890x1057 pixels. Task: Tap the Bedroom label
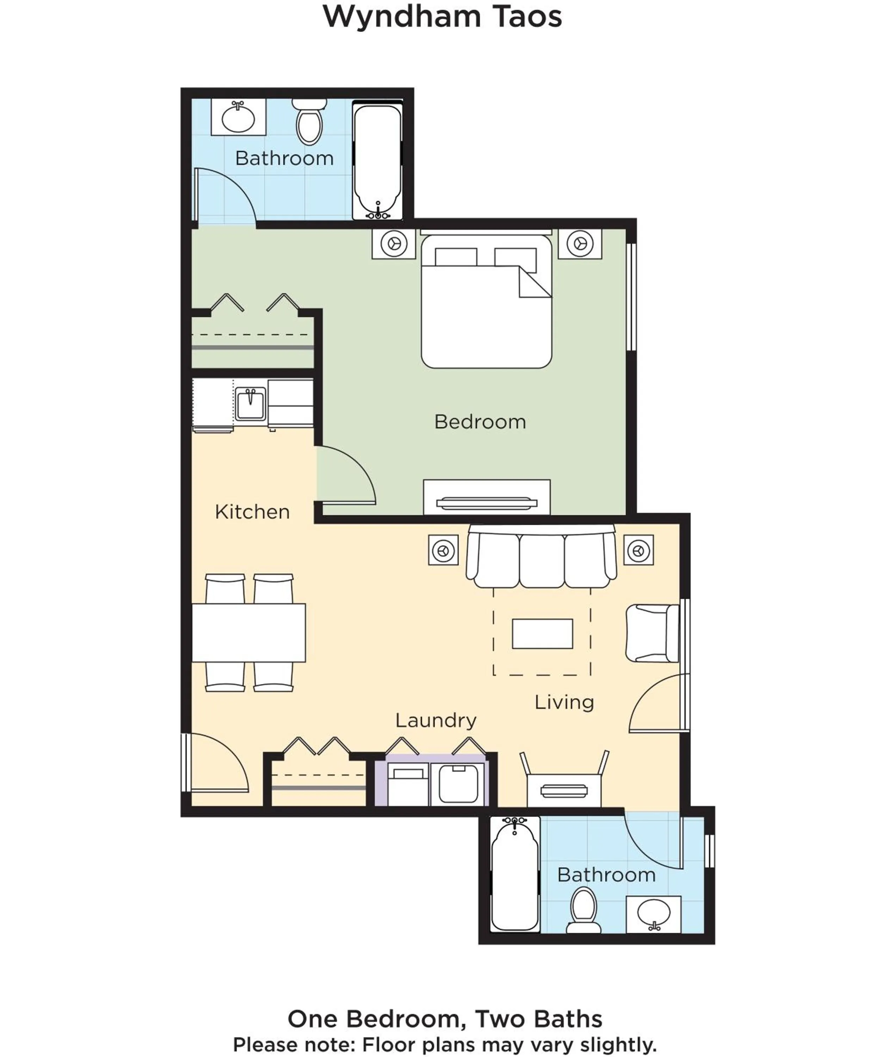pyautogui.click(x=480, y=422)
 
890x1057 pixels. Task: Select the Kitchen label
pyautogui.click(x=252, y=512)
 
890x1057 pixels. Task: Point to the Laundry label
pyautogui.click(x=436, y=721)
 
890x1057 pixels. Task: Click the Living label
pyautogui.click(x=564, y=702)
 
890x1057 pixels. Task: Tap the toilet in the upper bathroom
pyautogui.click(x=309, y=124)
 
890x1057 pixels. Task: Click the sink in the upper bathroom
pyautogui.click(x=238, y=118)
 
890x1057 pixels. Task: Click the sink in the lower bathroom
pyautogui.click(x=653, y=913)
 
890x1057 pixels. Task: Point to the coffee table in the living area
pyautogui.click(x=542, y=634)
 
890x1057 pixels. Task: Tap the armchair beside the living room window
pyautogui.click(x=651, y=633)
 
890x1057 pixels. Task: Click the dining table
pyautogui.click(x=248, y=633)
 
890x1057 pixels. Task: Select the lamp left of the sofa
pyautogui.click(x=444, y=550)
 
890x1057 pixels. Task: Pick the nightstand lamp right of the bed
pyautogui.click(x=580, y=244)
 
